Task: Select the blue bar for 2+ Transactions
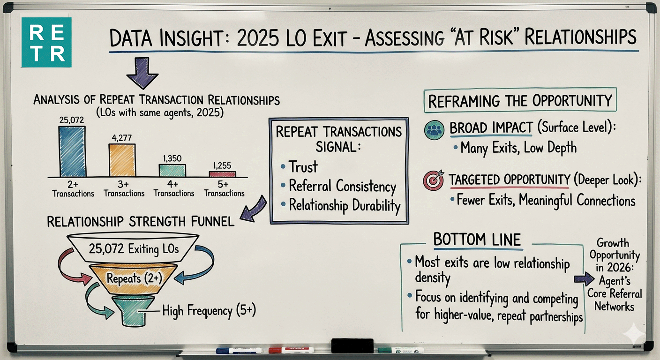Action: (72, 151)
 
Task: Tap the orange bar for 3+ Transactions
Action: (122, 159)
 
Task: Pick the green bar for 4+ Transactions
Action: (172, 170)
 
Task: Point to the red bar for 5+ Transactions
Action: (222, 174)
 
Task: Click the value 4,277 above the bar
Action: (122, 137)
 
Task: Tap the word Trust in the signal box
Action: (303, 167)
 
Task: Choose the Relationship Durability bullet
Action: (345, 205)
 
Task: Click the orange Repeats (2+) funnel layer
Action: (134, 278)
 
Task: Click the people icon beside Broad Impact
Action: (434, 130)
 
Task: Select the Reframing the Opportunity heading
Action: (520, 101)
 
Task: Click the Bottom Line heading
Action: (477, 240)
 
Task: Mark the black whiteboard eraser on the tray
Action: (352, 345)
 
